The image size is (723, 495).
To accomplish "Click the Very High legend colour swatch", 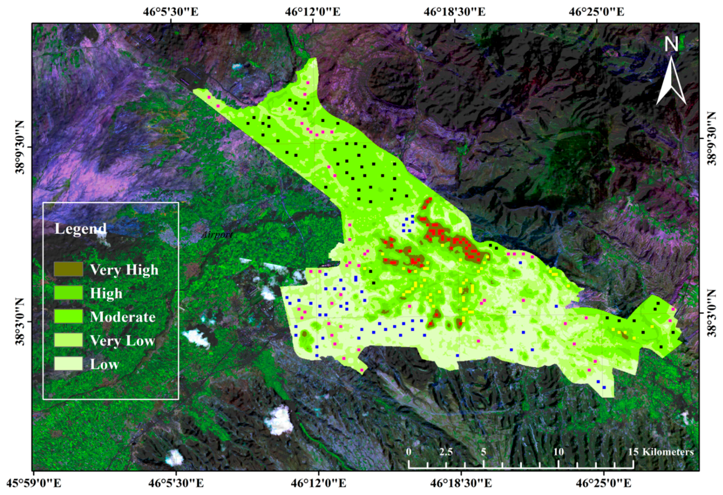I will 68,269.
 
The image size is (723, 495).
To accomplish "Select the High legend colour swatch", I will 68,293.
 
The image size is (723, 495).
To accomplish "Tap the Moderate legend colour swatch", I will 68,316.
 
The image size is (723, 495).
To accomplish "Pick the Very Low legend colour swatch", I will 68,340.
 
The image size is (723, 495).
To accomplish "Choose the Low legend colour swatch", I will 68,364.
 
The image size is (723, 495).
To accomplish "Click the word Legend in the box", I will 81,229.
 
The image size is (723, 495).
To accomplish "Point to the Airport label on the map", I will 217,235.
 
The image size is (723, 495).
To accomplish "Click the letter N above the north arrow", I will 671,44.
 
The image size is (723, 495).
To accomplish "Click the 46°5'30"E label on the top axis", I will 171,12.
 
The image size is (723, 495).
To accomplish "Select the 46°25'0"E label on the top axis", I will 596,12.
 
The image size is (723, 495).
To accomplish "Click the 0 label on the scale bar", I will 409,452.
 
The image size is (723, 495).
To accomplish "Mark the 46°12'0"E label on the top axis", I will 313,12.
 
